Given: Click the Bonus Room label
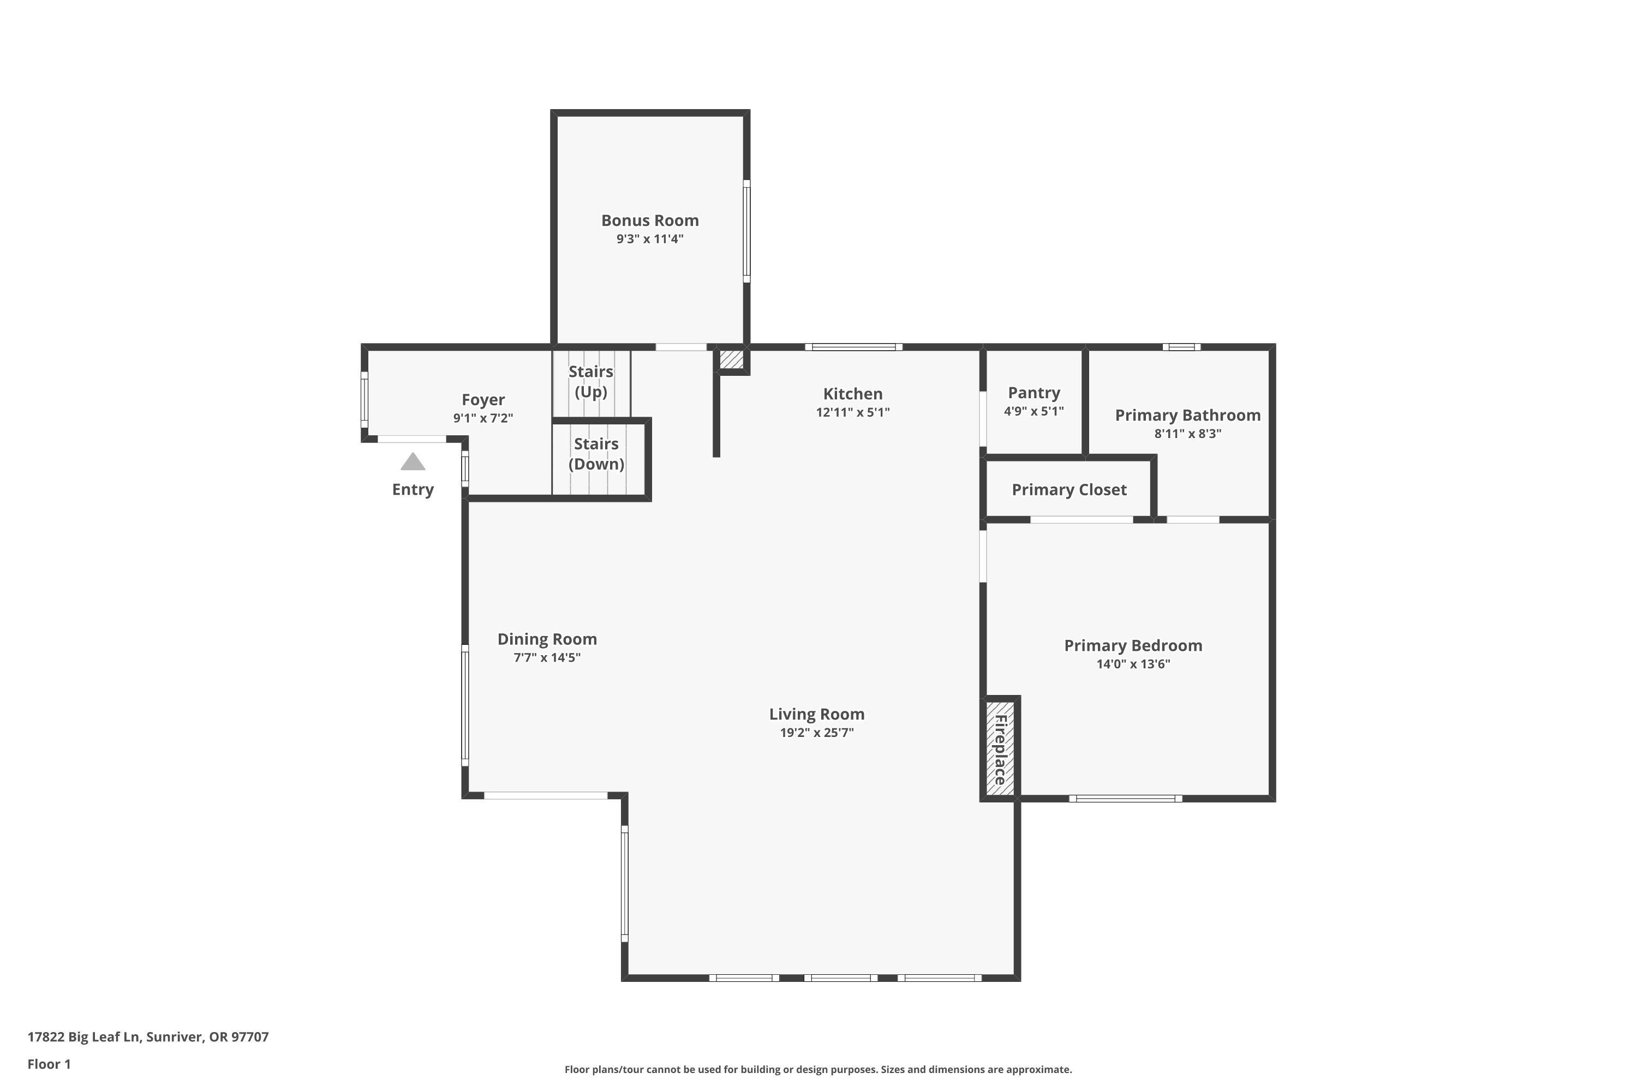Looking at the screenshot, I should [x=649, y=220].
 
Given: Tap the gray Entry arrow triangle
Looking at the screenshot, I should [x=413, y=462].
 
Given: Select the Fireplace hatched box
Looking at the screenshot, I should [x=1000, y=748].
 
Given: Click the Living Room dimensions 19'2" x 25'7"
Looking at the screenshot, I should [x=816, y=732].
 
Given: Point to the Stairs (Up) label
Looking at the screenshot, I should [x=591, y=381].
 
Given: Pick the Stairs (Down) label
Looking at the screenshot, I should [x=596, y=454].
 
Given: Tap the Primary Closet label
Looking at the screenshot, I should [x=1068, y=490].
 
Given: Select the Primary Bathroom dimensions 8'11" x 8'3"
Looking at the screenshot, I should [x=1187, y=434].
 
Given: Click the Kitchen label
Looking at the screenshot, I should [x=852, y=394].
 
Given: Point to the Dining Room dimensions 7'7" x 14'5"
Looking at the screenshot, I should [x=547, y=657].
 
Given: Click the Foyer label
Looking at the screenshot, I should [x=483, y=400].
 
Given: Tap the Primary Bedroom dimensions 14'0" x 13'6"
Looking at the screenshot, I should [x=1133, y=664].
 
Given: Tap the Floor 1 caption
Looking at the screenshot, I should [x=49, y=1064].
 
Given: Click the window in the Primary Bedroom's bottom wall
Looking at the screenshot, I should [x=1125, y=799].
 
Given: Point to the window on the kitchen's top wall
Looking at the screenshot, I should [x=853, y=347].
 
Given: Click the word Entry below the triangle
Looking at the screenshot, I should [x=413, y=490].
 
